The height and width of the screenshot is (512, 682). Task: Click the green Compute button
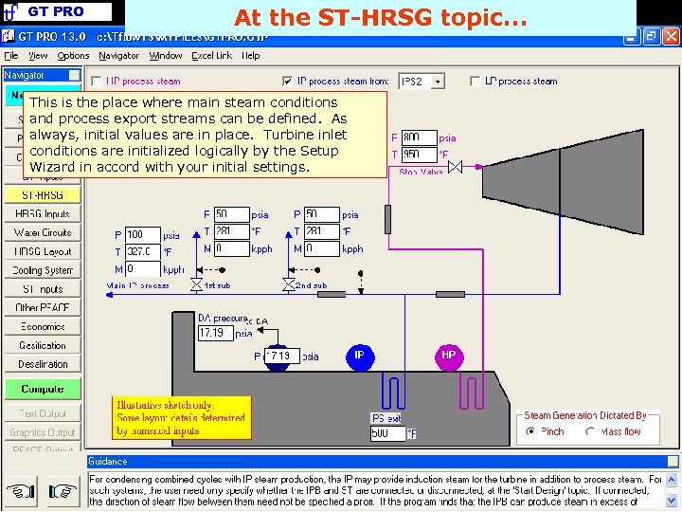click(43, 389)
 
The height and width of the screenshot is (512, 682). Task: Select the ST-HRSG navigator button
click(43, 194)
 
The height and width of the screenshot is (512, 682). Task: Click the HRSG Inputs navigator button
click(43, 213)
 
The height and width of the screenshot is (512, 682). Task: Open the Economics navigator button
click(43, 326)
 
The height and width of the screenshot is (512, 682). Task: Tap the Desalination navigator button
click(43, 364)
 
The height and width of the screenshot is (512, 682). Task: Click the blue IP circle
click(359, 357)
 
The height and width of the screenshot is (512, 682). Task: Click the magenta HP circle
click(448, 357)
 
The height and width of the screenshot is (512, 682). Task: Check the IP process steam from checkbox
click(288, 82)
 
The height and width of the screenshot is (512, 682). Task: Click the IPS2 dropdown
click(422, 82)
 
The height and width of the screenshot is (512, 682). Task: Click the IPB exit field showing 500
click(387, 433)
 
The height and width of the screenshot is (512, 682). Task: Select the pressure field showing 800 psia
click(418, 137)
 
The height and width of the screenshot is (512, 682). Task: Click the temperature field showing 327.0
click(142, 252)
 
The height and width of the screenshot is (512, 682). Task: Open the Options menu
click(73, 56)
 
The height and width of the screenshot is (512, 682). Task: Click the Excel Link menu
click(212, 56)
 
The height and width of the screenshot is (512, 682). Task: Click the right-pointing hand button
click(63, 492)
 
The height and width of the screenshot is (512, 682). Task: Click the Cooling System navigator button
click(43, 270)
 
